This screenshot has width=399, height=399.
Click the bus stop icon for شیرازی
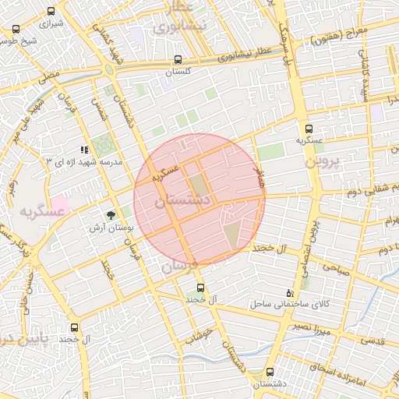(x=51, y=12)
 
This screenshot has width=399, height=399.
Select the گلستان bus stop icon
(x=178, y=59)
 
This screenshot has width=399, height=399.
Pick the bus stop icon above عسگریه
(x=309, y=129)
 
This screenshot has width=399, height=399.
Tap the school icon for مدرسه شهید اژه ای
(x=84, y=150)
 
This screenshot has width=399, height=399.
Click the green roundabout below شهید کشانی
(x=108, y=69)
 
